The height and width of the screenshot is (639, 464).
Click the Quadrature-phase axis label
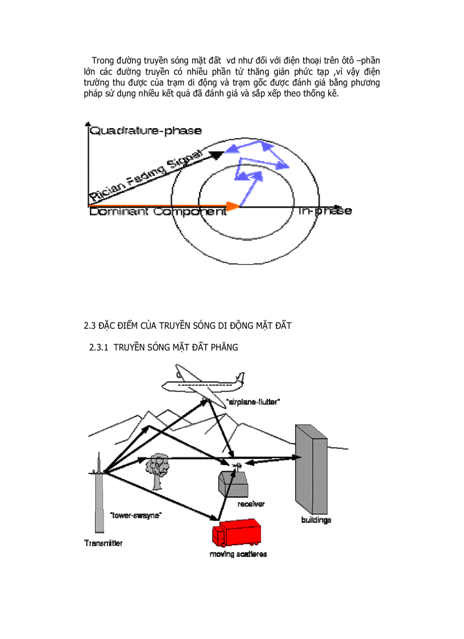click(146, 130)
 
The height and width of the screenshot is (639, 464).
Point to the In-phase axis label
click(324, 211)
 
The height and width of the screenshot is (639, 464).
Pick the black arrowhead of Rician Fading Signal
click(217, 154)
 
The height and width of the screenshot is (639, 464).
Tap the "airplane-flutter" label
click(253, 402)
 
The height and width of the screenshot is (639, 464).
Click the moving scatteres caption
click(238, 554)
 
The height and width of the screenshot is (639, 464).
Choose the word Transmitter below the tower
click(103, 543)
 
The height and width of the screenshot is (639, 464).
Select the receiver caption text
click(251, 504)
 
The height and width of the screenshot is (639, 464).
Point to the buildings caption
click(316, 520)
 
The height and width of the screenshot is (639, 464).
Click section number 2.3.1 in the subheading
click(100, 348)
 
